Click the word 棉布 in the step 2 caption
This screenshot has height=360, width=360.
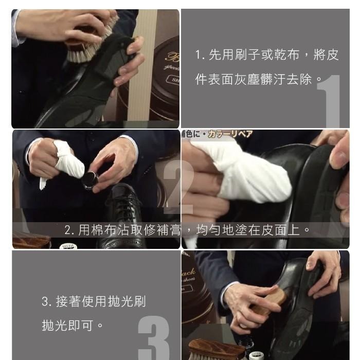[103, 229]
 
